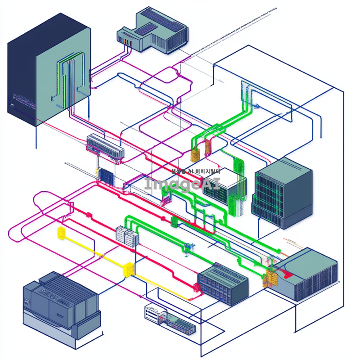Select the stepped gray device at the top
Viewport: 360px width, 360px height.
tap(153, 29)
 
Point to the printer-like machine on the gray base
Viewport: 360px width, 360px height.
tap(61, 304)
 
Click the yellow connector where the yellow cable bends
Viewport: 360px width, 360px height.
tap(128, 268)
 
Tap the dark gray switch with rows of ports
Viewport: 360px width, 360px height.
tap(224, 283)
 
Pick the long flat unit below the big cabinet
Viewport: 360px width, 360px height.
tap(105, 146)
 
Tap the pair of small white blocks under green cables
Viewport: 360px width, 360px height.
tap(126, 235)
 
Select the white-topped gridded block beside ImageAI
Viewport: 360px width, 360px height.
tap(223, 184)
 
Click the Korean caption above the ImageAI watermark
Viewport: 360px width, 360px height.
tap(196, 171)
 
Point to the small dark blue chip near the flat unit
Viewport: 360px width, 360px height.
tap(106, 175)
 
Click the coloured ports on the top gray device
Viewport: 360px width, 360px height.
tap(125, 41)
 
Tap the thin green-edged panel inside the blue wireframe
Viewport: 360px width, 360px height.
tap(245, 97)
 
